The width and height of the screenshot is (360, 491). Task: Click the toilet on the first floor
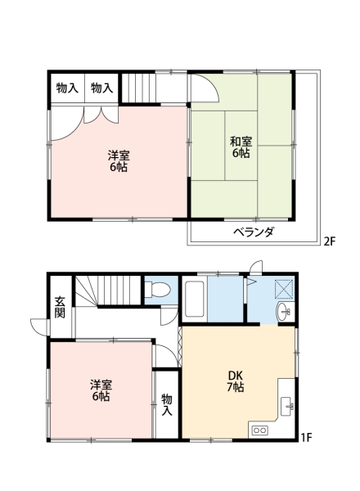157,289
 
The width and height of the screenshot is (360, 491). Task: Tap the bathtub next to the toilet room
195,299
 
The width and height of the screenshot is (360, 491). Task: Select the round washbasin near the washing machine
282,312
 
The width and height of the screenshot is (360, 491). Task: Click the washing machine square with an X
284,289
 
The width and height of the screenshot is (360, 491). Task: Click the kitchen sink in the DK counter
286,407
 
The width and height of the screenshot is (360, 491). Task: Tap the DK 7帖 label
236,381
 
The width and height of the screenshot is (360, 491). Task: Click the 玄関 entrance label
60,307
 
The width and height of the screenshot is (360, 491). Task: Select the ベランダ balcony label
254,232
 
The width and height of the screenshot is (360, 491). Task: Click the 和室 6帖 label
241,147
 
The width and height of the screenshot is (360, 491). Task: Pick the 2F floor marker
330,241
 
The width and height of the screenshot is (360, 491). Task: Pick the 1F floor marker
307,437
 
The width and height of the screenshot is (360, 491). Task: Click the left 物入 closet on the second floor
67,88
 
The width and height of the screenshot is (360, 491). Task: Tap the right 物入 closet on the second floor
102,88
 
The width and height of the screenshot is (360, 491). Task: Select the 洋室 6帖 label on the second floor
119,161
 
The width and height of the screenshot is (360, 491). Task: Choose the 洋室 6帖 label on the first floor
101,390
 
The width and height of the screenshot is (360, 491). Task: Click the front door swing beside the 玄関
39,327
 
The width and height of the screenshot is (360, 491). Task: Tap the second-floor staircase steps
138,88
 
